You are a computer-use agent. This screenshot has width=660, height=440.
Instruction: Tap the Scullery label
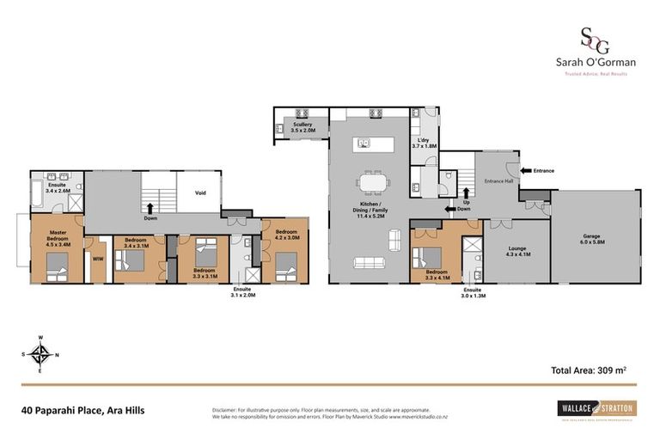point(302,127)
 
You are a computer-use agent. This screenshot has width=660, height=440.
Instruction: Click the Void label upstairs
point(200,192)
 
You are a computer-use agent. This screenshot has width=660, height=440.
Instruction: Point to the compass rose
point(40,353)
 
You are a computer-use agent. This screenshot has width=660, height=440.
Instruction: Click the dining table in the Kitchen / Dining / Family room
point(372,185)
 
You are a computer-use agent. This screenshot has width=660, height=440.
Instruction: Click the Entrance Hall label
point(498,180)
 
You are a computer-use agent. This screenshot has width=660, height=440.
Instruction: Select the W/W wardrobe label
point(98,256)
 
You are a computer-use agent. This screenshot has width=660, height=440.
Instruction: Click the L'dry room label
point(425,143)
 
